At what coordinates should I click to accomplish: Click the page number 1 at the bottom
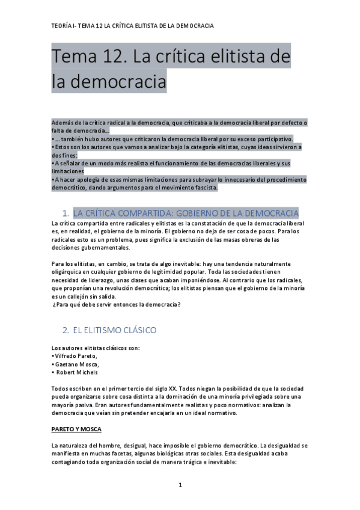[180, 485]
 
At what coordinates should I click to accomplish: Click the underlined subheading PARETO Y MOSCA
[76, 429]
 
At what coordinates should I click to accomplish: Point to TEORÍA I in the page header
[66, 26]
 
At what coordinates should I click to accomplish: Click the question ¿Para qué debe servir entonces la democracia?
[117, 304]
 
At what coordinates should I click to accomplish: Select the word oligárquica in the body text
[69, 271]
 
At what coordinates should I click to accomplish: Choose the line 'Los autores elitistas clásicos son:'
[89, 348]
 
